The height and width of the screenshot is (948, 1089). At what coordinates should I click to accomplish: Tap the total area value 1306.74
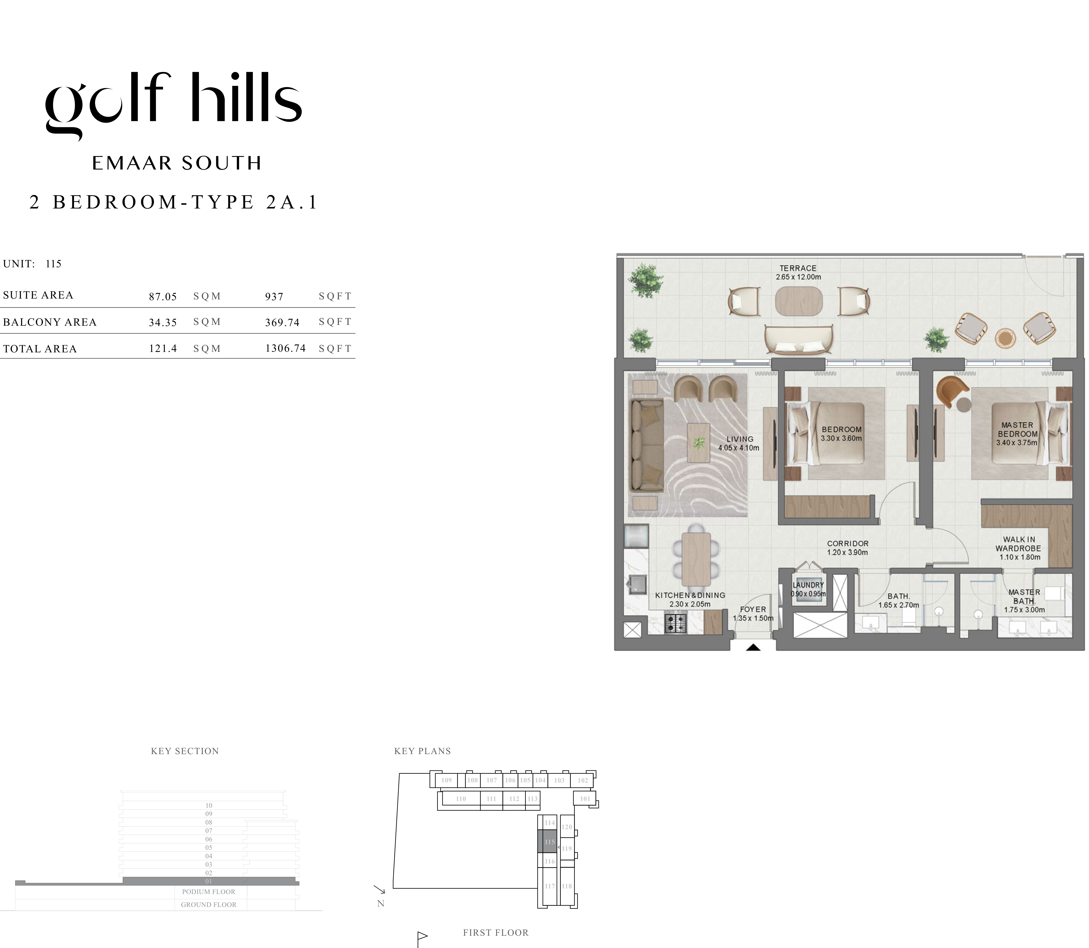(x=286, y=348)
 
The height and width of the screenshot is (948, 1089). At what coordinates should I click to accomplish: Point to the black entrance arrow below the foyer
(x=753, y=647)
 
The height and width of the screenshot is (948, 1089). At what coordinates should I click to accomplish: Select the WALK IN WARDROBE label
(x=1018, y=544)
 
